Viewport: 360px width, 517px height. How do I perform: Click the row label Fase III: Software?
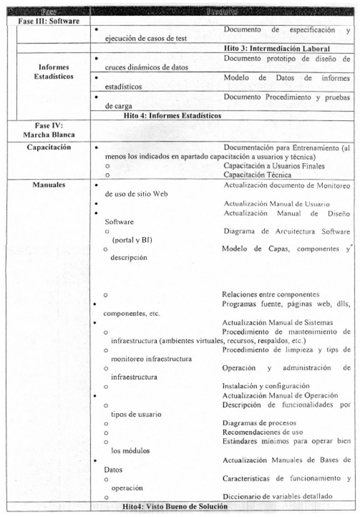[49, 21]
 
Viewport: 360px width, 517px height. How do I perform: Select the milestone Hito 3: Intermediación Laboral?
[277, 48]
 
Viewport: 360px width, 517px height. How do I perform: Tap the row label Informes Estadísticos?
[53, 72]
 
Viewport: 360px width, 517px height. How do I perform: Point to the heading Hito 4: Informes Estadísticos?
[172, 116]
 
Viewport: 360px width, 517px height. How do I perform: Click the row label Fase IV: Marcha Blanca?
[53, 130]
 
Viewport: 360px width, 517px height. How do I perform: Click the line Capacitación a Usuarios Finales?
[274, 166]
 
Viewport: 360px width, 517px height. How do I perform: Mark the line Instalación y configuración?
[265, 386]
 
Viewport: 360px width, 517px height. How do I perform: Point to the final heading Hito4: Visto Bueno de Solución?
[176, 506]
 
